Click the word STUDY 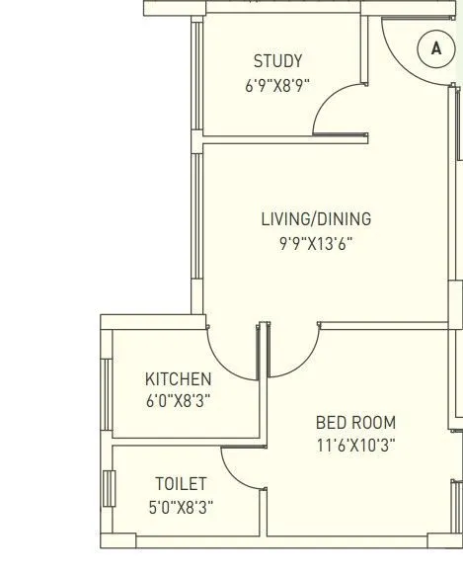tap(277, 61)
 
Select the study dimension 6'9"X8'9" tap(277, 85)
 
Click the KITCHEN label tap(178, 378)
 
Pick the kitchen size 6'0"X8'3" tap(178, 401)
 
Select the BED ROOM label tap(355, 422)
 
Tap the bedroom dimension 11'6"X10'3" tap(355, 446)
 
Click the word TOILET tap(181, 483)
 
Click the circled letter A tap(435, 47)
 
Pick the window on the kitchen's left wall tap(107, 380)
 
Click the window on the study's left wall tap(196, 74)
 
